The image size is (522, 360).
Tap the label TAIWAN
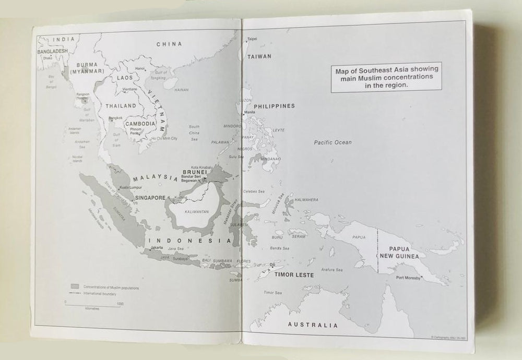[x=259, y=56]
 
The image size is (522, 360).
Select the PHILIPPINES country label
[x=275, y=106]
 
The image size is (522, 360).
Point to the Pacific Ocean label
[x=333, y=142]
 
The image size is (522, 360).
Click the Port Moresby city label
[x=408, y=278]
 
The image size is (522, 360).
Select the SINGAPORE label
[x=150, y=198]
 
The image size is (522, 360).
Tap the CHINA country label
[x=169, y=44]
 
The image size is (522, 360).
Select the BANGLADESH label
[x=53, y=52]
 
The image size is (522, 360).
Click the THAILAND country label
[x=121, y=106]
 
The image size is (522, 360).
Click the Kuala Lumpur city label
[x=131, y=187]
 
